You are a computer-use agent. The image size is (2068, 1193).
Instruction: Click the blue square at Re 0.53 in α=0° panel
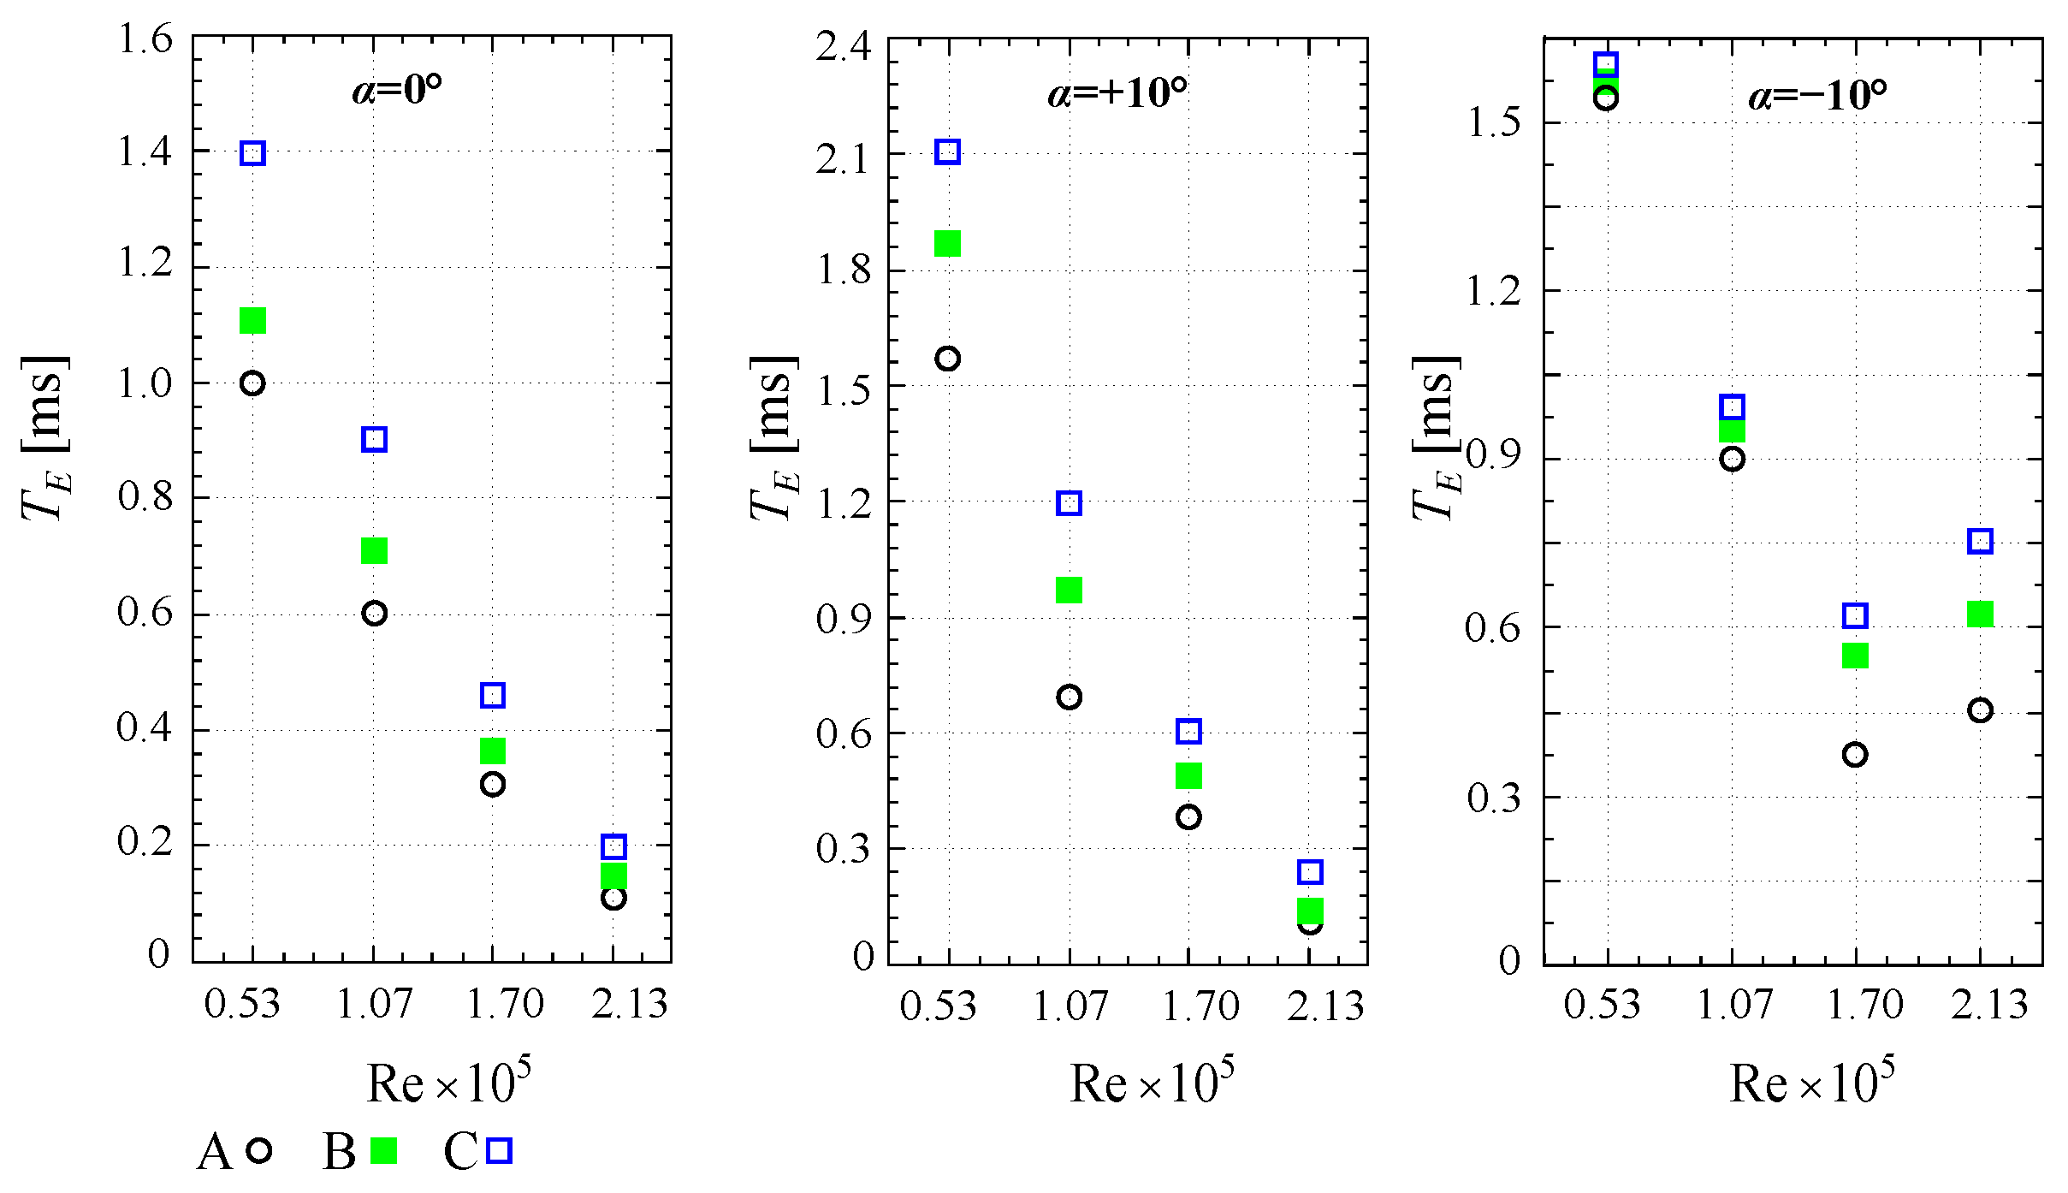click(252, 153)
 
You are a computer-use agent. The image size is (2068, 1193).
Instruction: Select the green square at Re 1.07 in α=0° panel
click(374, 550)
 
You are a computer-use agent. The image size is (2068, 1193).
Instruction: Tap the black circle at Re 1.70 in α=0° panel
click(492, 784)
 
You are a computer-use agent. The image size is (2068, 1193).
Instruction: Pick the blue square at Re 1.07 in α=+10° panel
click(1069, 502)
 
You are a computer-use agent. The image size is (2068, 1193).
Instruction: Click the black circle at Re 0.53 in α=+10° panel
click(947, 359)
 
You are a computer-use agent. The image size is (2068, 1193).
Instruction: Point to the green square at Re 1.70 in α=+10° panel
click(1188, 775)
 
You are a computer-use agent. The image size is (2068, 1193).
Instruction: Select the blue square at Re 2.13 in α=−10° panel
click(1980, 541)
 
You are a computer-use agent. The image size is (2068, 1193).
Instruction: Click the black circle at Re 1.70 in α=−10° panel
click(1855, 755)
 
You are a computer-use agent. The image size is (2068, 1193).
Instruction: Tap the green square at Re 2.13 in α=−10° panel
click(1980, 614)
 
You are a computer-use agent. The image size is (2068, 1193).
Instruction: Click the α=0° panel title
click(397, 89)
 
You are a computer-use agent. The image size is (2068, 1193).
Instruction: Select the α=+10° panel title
click(1117, 92)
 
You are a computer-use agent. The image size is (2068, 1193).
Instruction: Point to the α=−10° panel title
click(1817, 95)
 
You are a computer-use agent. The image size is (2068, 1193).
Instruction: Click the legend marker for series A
click(259, 1150)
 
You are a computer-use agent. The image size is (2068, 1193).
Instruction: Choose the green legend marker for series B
click(384, 1151)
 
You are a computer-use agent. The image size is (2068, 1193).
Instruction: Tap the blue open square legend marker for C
click(499, 1150)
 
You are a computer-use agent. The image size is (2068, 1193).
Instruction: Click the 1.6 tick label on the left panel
click(145, 39)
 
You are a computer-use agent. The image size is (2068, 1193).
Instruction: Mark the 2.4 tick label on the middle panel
click(844, 45)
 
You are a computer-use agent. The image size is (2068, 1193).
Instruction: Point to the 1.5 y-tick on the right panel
click(1494, 122)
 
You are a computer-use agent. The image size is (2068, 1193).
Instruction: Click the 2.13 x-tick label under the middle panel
click(1324, 1006)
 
